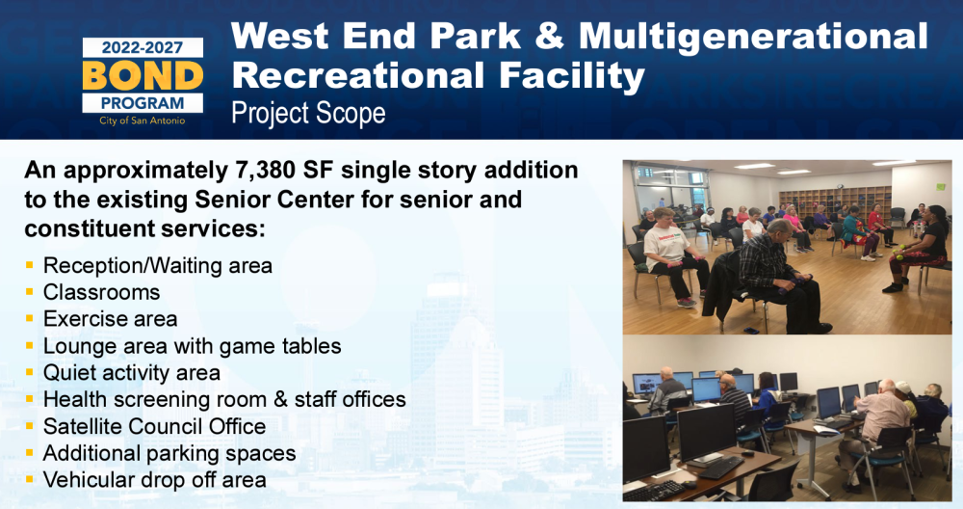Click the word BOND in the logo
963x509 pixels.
143,75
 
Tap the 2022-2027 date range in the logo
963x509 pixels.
143,47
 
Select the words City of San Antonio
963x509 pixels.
143,121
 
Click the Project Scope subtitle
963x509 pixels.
308,113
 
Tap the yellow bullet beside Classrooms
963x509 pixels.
30,292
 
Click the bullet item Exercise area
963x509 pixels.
111,319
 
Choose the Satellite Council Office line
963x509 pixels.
154,426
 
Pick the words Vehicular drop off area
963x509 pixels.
155,480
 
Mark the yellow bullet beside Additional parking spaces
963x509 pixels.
30,453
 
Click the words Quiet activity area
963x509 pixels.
131,372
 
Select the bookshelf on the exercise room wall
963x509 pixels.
834,201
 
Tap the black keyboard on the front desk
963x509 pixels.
720,468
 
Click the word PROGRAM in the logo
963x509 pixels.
143,102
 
